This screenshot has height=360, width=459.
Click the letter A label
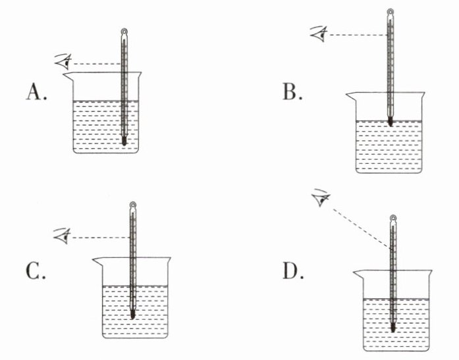click(36, 92)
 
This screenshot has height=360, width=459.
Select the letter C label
click(36, 271)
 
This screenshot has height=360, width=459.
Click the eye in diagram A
click(63, 61)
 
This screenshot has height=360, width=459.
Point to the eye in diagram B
click(319, 34)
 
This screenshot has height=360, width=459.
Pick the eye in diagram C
click(63, 236)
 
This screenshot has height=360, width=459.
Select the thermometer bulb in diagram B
click(390, 121)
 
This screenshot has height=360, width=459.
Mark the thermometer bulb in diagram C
click(132, 314)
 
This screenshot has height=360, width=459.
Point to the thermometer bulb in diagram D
click(393, 327)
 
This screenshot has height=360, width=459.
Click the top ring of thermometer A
click(124, 31)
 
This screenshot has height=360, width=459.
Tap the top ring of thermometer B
click(391, 12)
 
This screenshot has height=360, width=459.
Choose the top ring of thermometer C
click(133, 205)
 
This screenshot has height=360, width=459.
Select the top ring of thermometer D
click(393, 218)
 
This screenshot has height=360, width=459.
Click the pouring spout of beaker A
click(68, 76)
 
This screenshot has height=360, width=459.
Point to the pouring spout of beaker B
click(351, 96)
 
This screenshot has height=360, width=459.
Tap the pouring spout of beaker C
click(97, 261)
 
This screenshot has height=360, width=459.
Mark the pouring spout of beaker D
click(359, 274)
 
